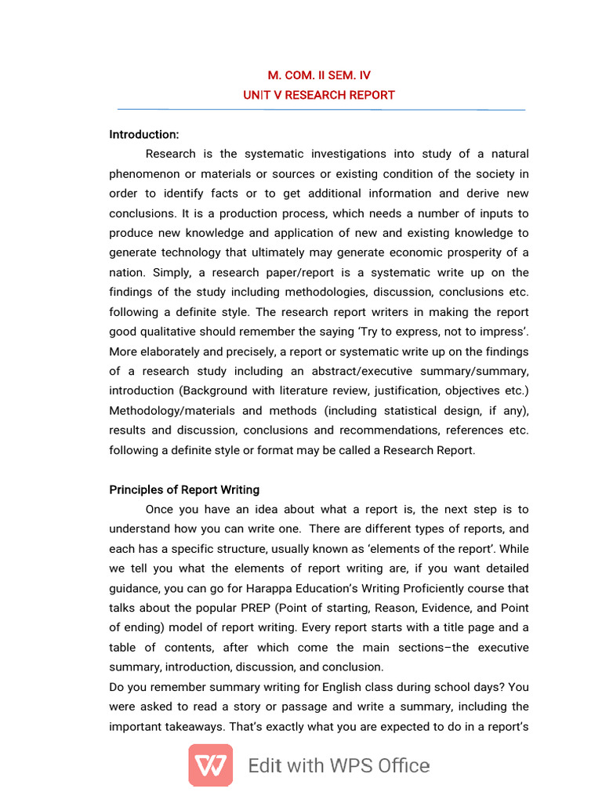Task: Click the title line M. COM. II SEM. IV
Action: point(319,75)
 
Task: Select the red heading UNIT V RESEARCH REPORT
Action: point(319,95)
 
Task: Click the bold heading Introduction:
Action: point(144,135)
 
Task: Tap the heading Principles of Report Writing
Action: point(184,489)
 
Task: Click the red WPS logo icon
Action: point(210,765)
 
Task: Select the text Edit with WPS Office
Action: point(339,766)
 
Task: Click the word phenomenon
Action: point(147,174)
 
